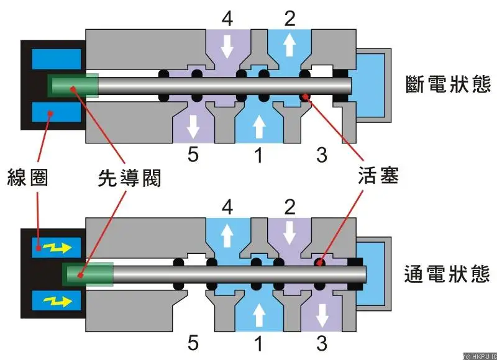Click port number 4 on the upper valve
point(227,19)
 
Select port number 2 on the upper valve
point(290,19)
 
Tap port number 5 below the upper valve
point(193,155)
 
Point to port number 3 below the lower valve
point(322,343)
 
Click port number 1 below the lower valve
point(259,343)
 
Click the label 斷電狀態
point(448,84)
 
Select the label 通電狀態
point(447,274)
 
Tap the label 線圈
point(27,178)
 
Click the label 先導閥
point(130,178)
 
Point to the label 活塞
point(378,175)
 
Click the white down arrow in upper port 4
point(227,46)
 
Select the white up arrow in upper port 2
point(289,45)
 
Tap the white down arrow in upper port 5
point(193,127)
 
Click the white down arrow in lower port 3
point(322,315)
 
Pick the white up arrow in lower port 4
point(227,236)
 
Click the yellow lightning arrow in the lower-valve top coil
point(57,248)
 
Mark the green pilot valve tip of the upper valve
point(73,86)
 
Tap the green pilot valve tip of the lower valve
point(88,274)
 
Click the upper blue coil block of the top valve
point(57,58)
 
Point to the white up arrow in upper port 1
point(259,127)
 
